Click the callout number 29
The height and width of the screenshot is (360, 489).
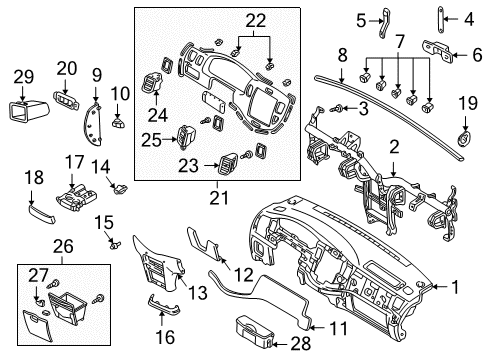tap(24, 77)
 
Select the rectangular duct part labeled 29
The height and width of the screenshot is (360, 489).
tap(27, 110)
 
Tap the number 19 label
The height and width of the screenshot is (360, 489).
tap(468, 103)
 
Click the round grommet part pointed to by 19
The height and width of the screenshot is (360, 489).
tap(464, 139)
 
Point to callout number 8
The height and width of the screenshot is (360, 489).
tap(343, 56)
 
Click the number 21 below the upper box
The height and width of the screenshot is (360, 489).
tap(219, 198)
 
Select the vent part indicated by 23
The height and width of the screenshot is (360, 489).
tap(228, 164)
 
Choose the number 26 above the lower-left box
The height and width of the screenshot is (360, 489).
tap(63, 247)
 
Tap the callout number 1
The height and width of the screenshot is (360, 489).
tap(455, 287)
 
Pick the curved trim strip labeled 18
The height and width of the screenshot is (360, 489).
tap(41, 215)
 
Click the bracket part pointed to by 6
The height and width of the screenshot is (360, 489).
tap(437, 51)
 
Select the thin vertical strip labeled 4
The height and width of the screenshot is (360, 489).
tap(440, 20)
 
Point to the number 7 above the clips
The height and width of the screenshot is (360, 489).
tap(400, 42)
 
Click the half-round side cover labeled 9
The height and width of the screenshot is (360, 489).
tap(92, 124)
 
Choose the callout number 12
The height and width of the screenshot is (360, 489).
tap(244, 275)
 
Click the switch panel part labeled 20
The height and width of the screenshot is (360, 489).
tap(66, 100)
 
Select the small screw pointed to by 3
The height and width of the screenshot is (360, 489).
tap(336, 108)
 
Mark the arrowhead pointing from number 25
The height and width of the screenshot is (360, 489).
tap(175, 140)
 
